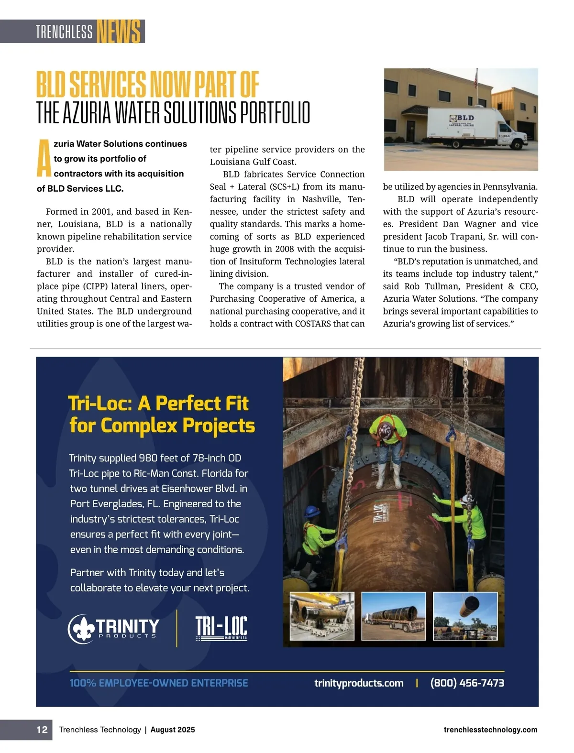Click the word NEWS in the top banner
pyautogui.click(x=119, y=32)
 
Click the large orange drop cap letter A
pyautogui.click(x=44, y=158)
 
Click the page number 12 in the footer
pyautogui.click(x=42, y=730)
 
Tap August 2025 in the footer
pyautogui.click(x=173, y=730)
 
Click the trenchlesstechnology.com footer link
pyautogui.click(x=490, y=730)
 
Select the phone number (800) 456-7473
pyautogui.click(x=467, y=683)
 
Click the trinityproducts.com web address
pyautogui.click(x=359, y=683)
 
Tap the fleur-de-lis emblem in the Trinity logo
pyautogui.click(x=82, y=628)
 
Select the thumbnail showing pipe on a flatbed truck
pyautogui.click(x=393, y=616)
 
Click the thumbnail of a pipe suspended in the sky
pyautogui.click(x=465, y=616)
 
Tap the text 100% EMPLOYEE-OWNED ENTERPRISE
pyautogui.click(x=159, y=683)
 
